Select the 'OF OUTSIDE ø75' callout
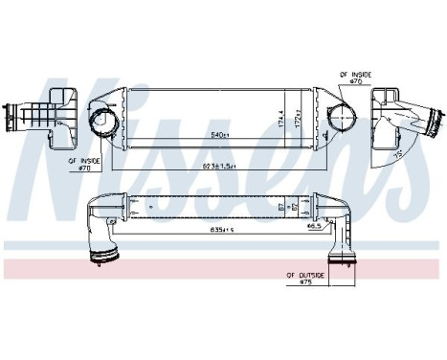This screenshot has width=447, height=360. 309,280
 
